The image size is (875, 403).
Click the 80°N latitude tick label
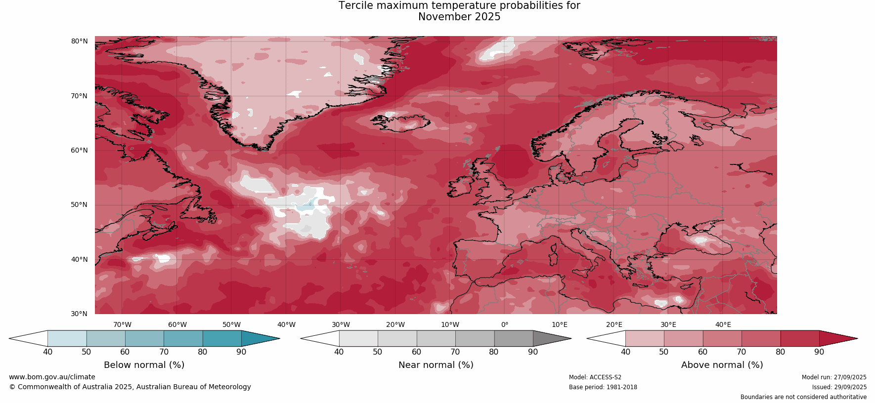coord(79,41)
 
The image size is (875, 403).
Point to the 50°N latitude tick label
coord(79,205)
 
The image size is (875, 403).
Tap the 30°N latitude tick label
coord(79,314)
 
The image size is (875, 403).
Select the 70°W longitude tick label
coord(123,324)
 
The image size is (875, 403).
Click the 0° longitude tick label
coord(505,324)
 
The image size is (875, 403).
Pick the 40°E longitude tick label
coord(723,324)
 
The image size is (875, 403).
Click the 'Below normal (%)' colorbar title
coord(144,365)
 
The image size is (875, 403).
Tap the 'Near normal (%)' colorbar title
coord(436,365)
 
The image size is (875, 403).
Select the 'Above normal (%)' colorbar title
coord(722,365)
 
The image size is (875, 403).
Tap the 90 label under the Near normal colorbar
coord(533,352)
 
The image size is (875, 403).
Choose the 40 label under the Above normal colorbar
coord(625,352)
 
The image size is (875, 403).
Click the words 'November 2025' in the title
coord(459,17)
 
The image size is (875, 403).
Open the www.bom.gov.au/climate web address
coord(52,377)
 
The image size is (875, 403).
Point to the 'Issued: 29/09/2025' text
coord(839,387)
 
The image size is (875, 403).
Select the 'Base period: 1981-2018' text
coord(603,387)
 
